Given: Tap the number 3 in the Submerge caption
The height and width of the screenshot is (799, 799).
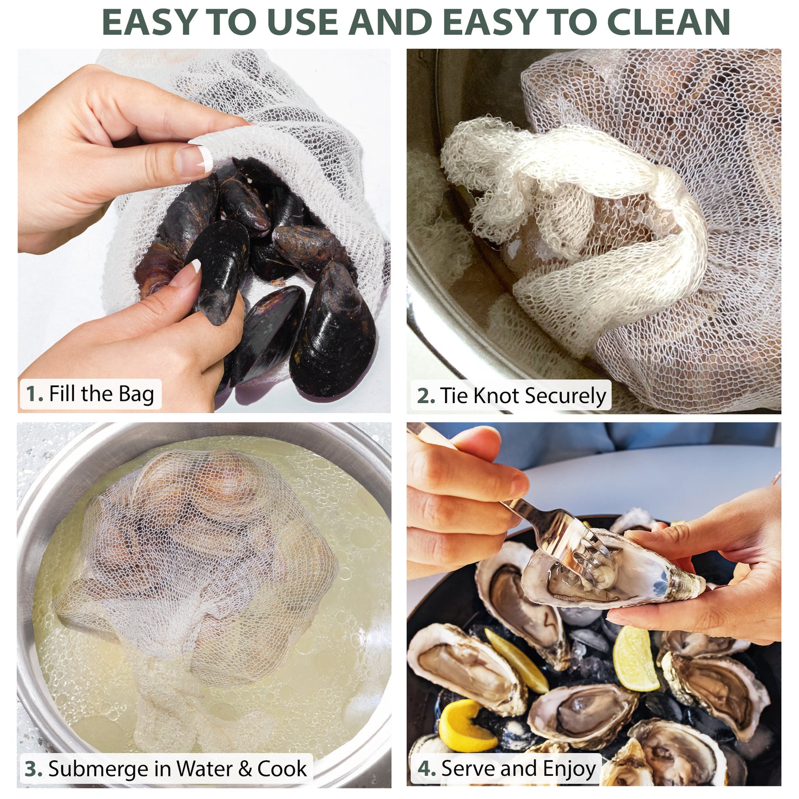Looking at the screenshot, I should pyautogui.click(x=33, y=769).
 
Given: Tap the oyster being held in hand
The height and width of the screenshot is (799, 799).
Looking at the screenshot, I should pyautogui.click(x=619, y=575).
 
